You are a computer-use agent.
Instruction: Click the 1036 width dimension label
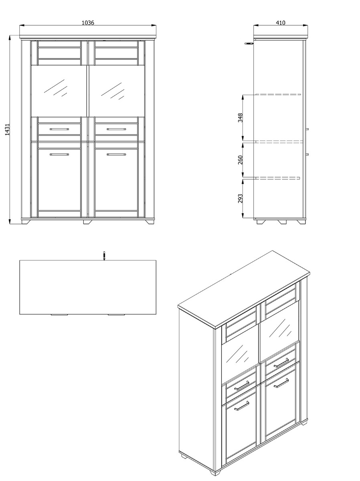(88, 23)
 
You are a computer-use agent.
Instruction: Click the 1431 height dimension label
(7, 129)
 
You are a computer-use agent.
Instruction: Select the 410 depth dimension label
(280, 23)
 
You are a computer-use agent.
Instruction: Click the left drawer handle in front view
(59, 129)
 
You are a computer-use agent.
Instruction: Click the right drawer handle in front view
(116, 129)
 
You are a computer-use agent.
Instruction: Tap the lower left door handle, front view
(59, 154)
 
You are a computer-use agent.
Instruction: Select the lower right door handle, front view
(116, 154)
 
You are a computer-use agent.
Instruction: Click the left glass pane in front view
(59, 90)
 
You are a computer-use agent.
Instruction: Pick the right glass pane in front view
(116, 90)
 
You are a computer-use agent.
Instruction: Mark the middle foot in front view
(87, 221)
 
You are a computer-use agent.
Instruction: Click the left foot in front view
(26, 221)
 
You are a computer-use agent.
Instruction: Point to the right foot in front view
(150, 221)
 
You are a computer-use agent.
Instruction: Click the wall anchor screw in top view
(104, 255)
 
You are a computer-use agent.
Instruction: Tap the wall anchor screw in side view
(249, 42)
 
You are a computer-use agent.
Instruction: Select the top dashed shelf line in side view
(278, 95)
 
